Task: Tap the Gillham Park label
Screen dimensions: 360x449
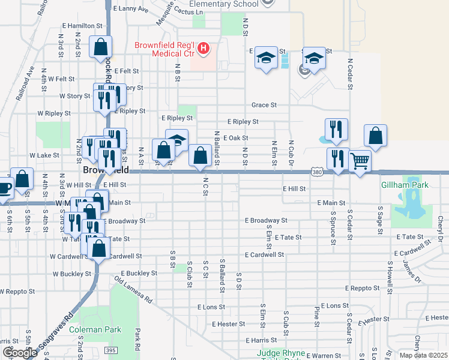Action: pos(405,185)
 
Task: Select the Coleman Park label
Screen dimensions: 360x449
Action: pos(95,329)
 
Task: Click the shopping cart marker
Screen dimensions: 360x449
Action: pos(360,160)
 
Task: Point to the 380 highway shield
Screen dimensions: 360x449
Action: pos(317,172)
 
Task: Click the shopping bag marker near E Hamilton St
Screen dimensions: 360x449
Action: pos(100,47)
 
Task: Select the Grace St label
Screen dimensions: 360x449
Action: pos(264,105)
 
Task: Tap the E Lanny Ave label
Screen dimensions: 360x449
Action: pos(129,9)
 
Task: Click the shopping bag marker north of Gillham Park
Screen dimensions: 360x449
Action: pos(375,136)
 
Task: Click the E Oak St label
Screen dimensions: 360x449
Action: pos(235,137)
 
